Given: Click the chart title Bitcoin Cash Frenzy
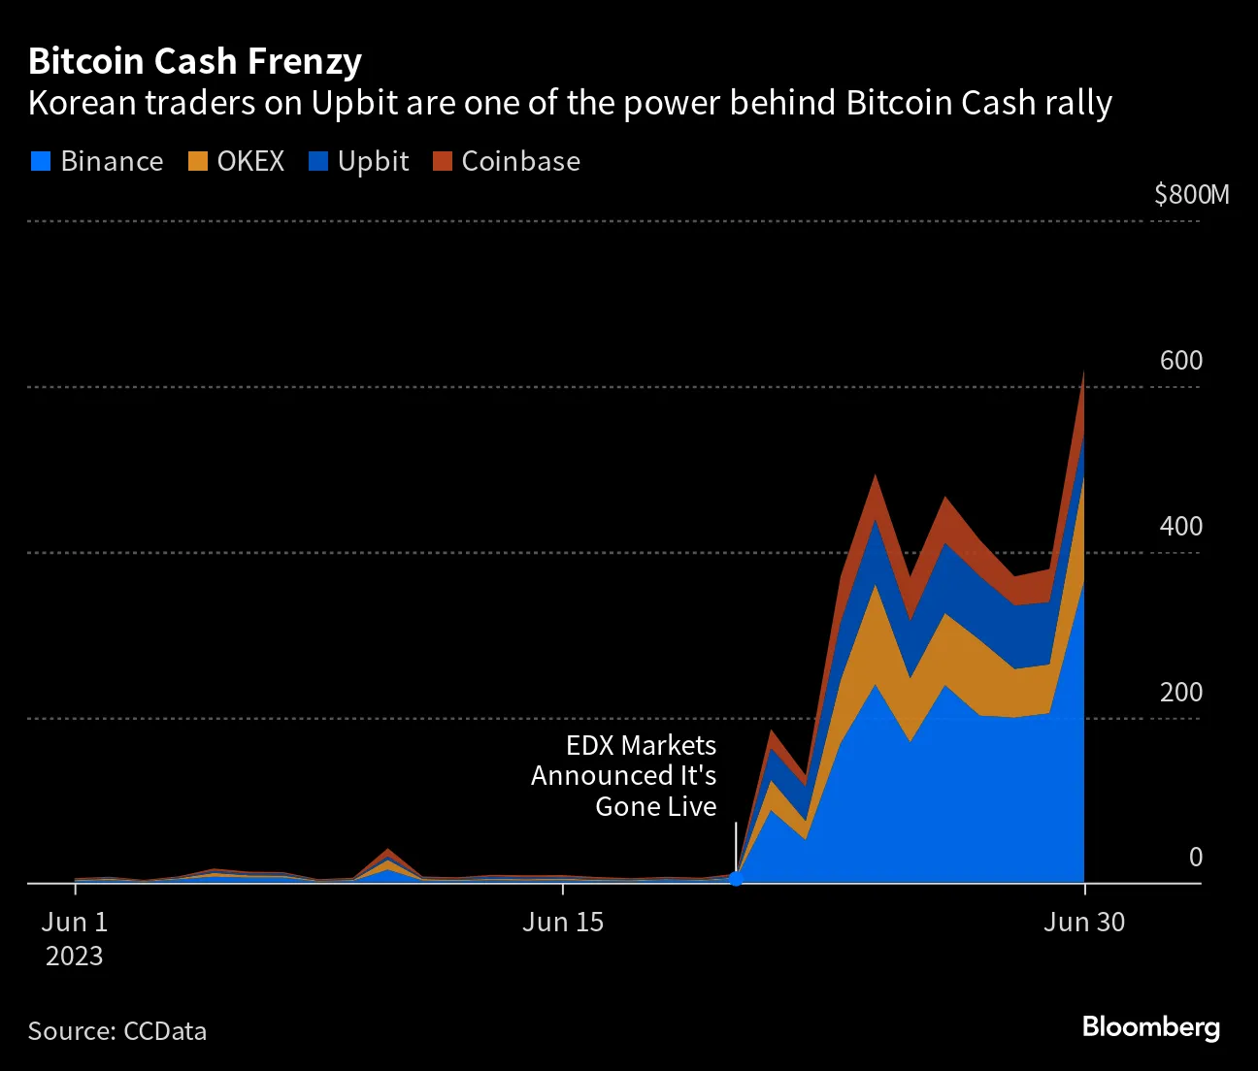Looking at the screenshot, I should point(195,61).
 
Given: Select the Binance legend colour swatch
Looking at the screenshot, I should point(40,161).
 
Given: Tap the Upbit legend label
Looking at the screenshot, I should point(373,161).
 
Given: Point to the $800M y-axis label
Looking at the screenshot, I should point(1191,195).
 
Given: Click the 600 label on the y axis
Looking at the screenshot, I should point(1180,361).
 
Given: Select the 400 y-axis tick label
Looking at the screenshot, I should point(1180,527).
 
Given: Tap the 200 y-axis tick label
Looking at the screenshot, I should point(1180,693).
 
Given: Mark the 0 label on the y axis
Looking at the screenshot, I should point(1195,858).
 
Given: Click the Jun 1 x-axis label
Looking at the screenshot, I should point(75,922).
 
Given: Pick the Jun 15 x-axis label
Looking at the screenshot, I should point(563,922).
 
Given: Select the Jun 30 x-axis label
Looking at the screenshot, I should point(1084,922).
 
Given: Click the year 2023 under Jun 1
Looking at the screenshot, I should point(75,957).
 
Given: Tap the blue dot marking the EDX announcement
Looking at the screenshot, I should point(736,879).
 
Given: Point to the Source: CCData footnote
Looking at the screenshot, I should point(117,1030).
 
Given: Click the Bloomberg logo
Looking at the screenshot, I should point(1150,1026).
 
